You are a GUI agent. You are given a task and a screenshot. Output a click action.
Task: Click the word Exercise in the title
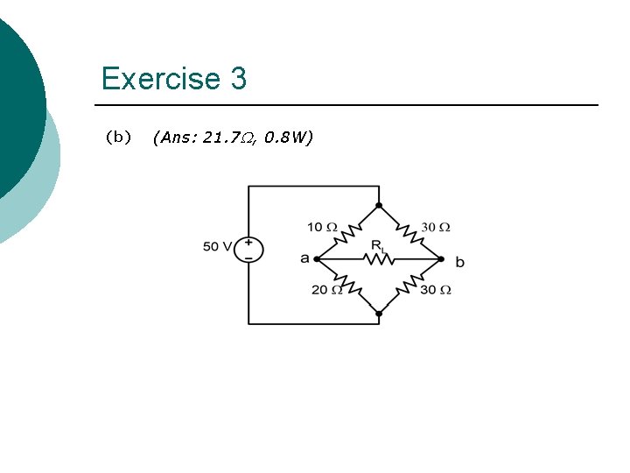tap(160, 79)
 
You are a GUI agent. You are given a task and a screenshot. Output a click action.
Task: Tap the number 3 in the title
tap(239, 79)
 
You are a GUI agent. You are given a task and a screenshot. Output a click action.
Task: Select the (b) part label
tap(118, 137)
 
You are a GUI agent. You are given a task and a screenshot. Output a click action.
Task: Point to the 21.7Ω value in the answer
tap(228, 138)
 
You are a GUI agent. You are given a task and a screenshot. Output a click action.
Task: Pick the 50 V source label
tap(217, 247)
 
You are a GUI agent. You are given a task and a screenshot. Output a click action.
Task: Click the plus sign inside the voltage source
tap(248, 242)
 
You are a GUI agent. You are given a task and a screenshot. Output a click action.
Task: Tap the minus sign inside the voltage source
tap(248, 258)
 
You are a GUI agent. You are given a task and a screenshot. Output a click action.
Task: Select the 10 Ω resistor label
tap(322, 227)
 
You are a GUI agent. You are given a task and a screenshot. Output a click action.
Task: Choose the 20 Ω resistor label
tap(327, 290)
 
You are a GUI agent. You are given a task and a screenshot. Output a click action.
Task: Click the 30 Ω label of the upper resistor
tap(435, 227)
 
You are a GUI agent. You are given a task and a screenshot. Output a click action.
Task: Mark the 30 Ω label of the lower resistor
tap(435, 290)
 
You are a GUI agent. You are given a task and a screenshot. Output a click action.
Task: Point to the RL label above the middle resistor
tap(377, 246)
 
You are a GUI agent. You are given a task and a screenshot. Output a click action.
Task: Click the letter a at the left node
tap(304, 258)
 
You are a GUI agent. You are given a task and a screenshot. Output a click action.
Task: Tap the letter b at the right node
tap(460, 261)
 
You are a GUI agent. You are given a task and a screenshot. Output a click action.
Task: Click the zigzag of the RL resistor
tap(378, 259)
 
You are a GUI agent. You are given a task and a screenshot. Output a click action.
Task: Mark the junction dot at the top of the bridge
tap(379, 207)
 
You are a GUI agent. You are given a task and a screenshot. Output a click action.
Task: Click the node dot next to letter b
tap(441, 259)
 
